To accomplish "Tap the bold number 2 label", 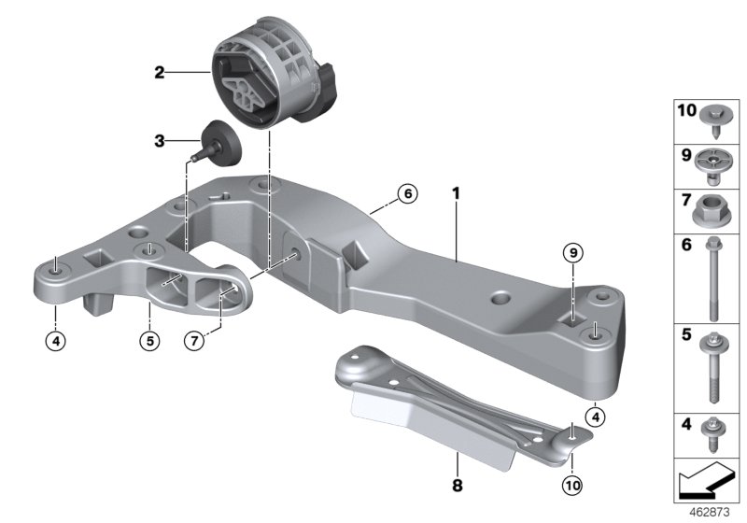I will point(160,71).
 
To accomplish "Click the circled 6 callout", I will point(406,194).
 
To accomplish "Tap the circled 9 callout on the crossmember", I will point(571,251).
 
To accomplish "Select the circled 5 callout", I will point(148,341).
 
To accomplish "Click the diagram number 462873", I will point(710,512).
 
